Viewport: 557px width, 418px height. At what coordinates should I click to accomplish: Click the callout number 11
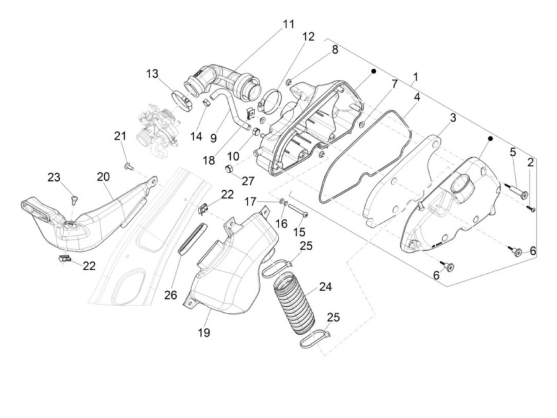pyautogui.click(x=288, y=24)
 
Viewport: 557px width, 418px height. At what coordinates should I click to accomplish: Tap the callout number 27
pyautogui.click(x=248, y=181)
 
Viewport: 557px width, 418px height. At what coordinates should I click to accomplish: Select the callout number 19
pyautogui.click(x=204, y=332)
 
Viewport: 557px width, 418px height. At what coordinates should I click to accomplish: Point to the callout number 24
pyautogui.click(x=325, y=286)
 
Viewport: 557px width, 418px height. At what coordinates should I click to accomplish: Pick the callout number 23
pyautogui.click(x=54, y=177)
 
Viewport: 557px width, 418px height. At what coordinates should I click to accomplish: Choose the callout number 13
pyautogui.click(x=152, y=74)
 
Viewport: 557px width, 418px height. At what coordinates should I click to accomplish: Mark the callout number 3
pyautogui.click(x=453, y=118)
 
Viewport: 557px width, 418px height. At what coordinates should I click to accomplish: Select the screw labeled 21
pyautogui.click(x=128, y=166)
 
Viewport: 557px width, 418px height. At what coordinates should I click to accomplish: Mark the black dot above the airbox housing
pyautogui.click(x=374, y=71)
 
